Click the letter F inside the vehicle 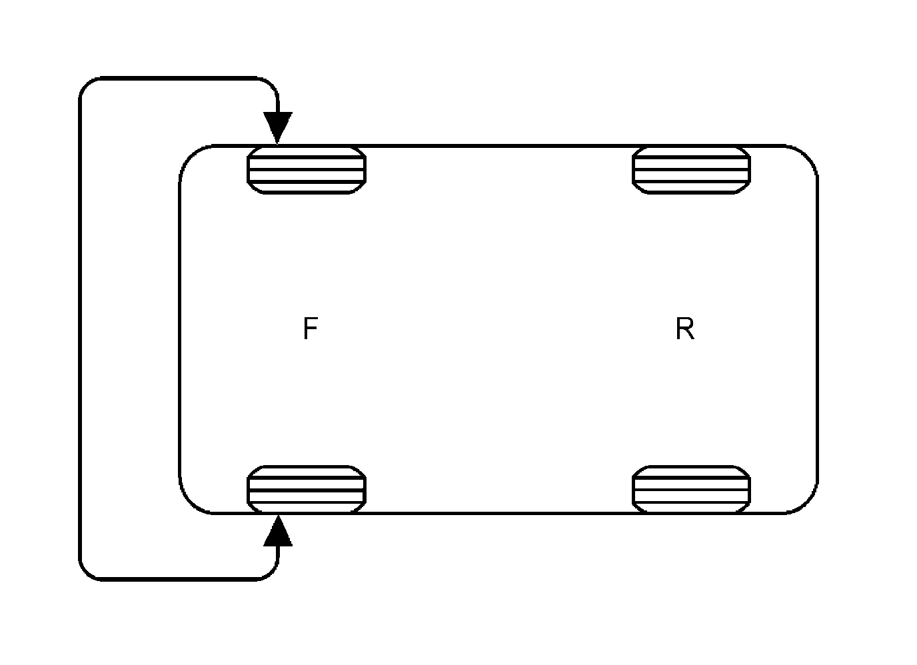tap(310, 329)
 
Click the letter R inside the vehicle tap(684, 329)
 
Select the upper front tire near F tap(307, 170)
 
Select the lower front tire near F tap(307, 489)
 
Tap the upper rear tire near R tap(691, 170)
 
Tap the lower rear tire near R tap(691, 489)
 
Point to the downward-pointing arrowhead tap(277, 127)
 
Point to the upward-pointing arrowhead tap(277, 531)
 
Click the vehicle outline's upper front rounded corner tap(191, 156)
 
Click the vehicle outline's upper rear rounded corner tap(806, 156)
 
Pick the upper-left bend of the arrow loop tap(87, 85)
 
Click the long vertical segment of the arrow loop tap(80, 329)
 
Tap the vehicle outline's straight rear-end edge tap(817, 329)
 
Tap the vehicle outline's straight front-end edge tap(180, 329)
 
